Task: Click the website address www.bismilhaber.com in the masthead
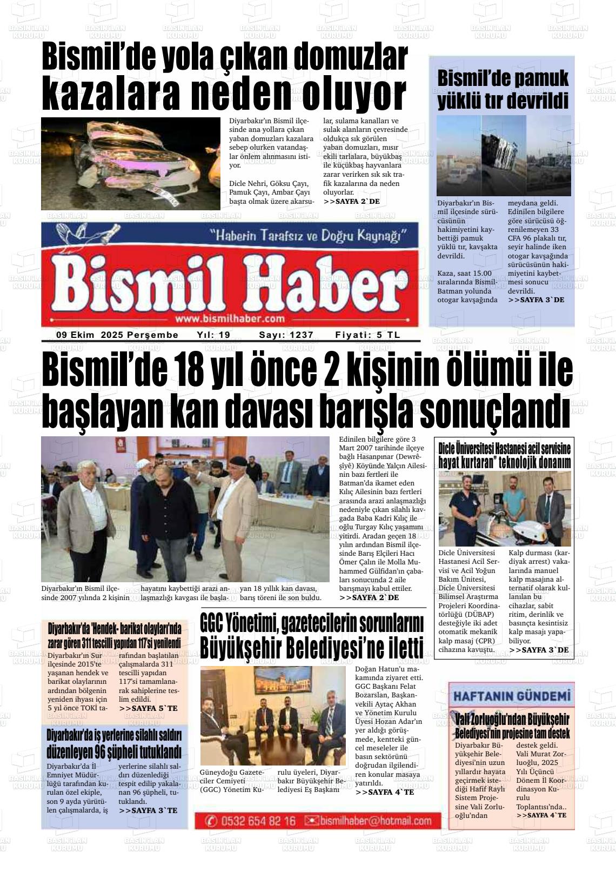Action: tap(230, 318)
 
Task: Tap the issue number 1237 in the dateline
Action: tap(301, 335)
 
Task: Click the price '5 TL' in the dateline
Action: tap(389, 335)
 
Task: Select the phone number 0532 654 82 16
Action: tap(258, 821)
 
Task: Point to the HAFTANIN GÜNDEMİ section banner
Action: tap(511, 695)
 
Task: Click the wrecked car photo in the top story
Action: tap(131, 164)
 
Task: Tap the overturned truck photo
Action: tap(504, 155)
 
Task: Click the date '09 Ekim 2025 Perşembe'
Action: tap(117, 335)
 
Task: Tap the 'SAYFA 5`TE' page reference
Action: tap(148, 708)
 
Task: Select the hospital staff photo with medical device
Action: tap(504, 509)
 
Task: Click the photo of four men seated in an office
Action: tap(273, 716)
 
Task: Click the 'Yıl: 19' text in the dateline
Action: tap(213, 335)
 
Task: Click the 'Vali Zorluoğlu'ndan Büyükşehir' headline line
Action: tap(512, 720)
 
